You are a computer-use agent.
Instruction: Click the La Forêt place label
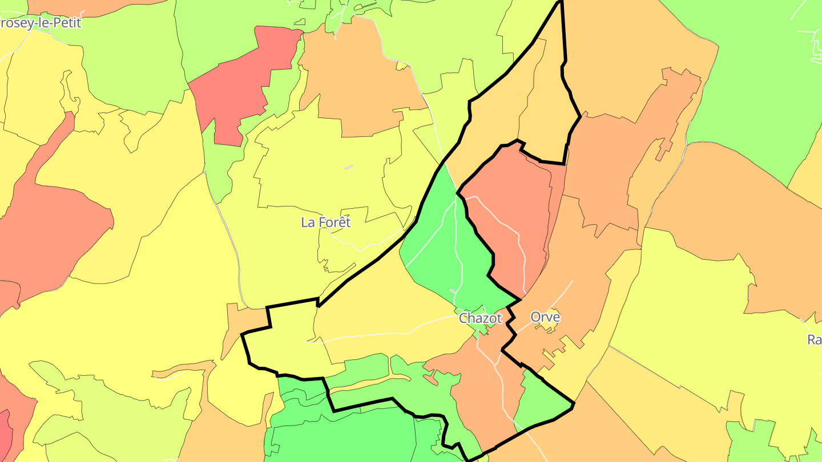click(x=326, y=222)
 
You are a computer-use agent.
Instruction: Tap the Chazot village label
click(x=480, y=318)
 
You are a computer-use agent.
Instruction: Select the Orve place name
click(x=545, y=317)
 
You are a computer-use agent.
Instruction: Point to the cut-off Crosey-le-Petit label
click(x=40, y=23)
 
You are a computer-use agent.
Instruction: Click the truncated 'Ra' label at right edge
click(x=814, y=340)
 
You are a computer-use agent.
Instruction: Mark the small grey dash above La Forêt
click(x=349, y=167)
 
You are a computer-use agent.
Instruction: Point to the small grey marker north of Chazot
click(x=453, y=292)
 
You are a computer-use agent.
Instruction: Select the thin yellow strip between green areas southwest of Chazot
click(x=377, y=383)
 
